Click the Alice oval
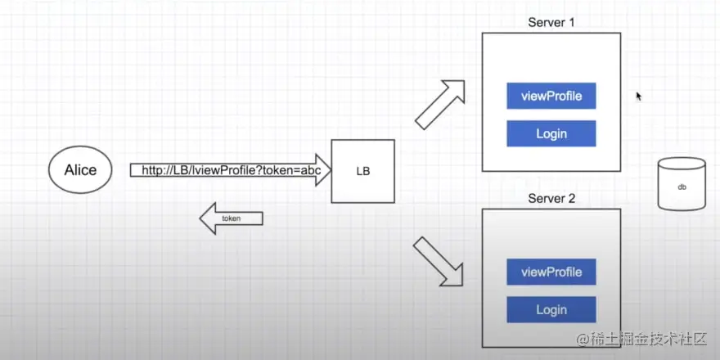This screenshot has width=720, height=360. (x=80, y=170)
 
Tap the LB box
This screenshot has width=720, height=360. (x=362, y=171)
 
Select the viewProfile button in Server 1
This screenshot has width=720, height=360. (x=551, y=96)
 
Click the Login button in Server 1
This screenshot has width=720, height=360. (x=551, y=133)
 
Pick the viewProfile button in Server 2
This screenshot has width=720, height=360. (x=551, y=272)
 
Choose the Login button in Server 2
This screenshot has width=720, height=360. (x=551, y=309)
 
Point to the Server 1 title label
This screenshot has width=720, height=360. (x=551, y=22)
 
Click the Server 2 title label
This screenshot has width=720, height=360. (x=551, y=198)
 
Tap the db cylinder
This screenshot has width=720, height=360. (x=681, y=185)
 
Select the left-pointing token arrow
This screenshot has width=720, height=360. (x=232, y=218)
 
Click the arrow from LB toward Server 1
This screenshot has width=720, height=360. (x=439, y=104)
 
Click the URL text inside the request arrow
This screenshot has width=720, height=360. (x=230, y=170)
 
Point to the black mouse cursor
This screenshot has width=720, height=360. (x=639, y=97)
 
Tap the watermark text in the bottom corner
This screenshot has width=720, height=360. (x=646, y=338)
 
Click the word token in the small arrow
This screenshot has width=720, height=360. (x=242, y=218)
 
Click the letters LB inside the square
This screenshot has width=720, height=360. (x=362, y=172)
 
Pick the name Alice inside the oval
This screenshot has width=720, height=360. (x=80, y=170)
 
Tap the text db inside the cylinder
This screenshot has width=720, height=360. (x=681, y=187)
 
